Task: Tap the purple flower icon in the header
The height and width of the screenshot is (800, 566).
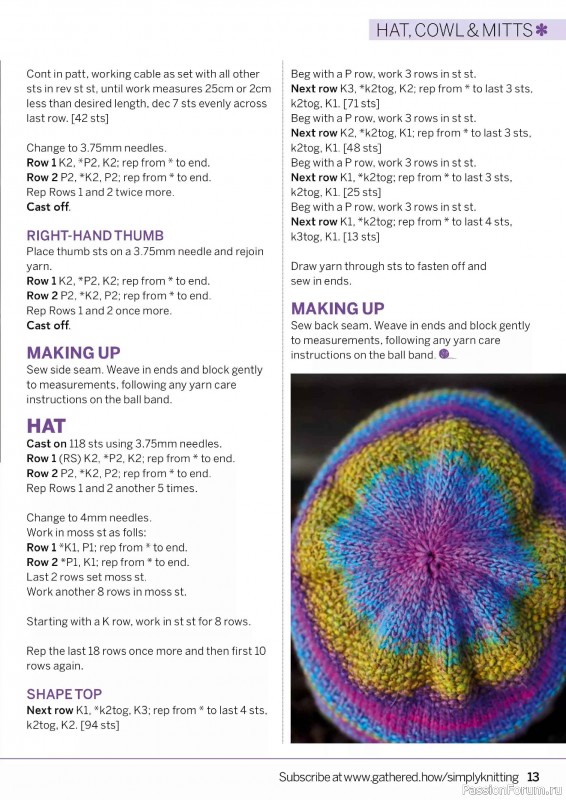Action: [x=541, y=30]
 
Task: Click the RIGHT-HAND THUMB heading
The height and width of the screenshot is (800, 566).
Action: [x=95, y=236]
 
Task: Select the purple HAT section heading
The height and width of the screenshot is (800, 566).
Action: [x=46, y=425]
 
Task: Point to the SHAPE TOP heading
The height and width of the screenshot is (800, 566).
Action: [x=64, y=694]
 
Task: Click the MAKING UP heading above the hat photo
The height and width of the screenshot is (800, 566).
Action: [x=337, y=308]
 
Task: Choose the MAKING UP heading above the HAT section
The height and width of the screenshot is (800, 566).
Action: [x=73, y=352]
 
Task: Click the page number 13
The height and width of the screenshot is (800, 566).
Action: [x=533, y=776]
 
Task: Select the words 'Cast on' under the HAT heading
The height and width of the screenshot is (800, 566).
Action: [x=46, y=444]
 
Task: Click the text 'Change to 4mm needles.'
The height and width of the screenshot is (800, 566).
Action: [x=89, y=518]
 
